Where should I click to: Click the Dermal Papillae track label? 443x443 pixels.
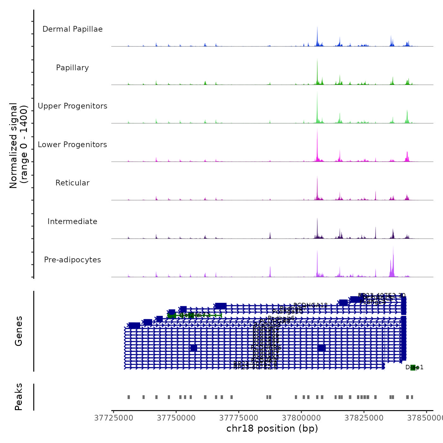[x=72, y=29]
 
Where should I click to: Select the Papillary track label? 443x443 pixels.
[x=72, y=68]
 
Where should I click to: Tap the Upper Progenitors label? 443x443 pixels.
[x=72, y=106]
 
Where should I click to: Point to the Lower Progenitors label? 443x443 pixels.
[x=72, y=145]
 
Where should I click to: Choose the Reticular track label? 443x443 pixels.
[x=72, y=183]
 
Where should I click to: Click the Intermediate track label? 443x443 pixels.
[x=72, y=221]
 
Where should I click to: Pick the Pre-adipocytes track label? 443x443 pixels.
[x=72, y=260]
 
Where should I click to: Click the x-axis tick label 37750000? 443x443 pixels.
[x=176, y=418]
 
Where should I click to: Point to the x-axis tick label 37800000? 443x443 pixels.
[x=301, y=418]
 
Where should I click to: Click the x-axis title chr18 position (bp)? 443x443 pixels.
[x=272, y=428]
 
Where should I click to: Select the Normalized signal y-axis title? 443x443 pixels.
[x=18, y=145]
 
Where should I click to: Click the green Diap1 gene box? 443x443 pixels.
[x=413, y=367]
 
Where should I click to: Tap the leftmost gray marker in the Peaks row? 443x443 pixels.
[x=128, y=397]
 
